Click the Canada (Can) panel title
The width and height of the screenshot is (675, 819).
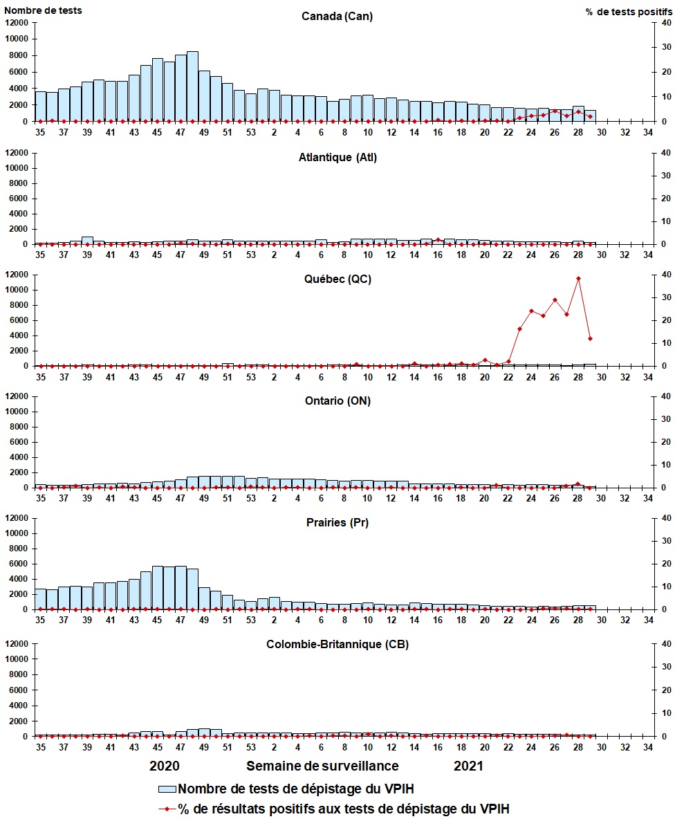(337, 17)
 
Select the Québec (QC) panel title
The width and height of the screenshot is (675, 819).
(337, 279)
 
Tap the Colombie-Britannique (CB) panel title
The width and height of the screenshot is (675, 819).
(337, 644)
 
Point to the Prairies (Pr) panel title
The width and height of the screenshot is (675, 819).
(337, 522)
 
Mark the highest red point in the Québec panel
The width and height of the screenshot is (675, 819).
(578, 279)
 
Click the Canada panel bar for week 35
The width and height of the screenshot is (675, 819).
(40, 107)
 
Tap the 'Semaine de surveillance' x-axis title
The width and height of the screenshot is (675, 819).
(322, 766)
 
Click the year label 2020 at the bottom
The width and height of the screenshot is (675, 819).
(165, 766)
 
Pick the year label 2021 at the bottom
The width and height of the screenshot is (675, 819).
(468, 766)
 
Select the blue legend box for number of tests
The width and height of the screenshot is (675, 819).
(167, 789)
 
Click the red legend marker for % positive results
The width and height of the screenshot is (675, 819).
(167, 808)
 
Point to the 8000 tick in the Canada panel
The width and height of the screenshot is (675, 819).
(19, 55)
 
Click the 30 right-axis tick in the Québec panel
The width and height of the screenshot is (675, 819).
(666, 297)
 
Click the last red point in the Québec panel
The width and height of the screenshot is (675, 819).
(590, 338)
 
